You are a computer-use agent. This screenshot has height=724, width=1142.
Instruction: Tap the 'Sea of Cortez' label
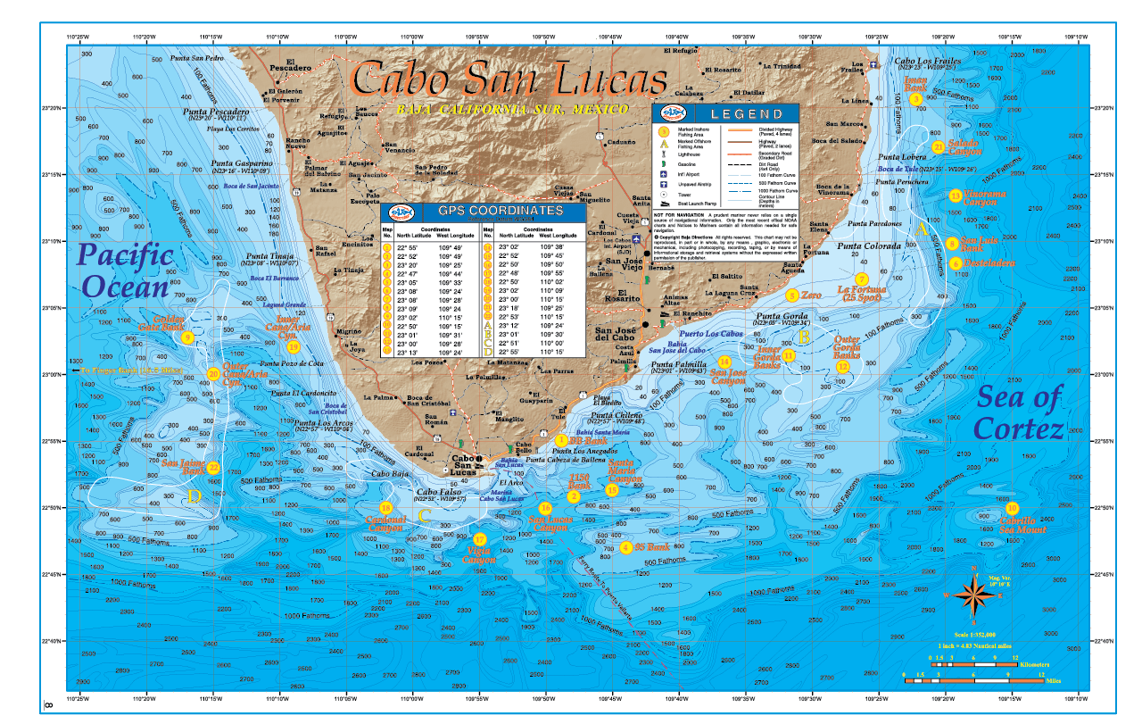point(1019,412)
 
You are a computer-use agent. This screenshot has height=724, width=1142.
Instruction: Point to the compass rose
point(974,591)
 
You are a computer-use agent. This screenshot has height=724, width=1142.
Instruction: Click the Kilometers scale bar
point(974,664)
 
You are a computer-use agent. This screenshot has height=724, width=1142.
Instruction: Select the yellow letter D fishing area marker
point(194,496)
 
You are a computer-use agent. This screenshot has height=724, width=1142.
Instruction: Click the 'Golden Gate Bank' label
point(182,322)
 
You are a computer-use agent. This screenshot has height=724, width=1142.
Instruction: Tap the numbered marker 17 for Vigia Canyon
point(480,539)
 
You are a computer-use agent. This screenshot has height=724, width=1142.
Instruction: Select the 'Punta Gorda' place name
point(782,316)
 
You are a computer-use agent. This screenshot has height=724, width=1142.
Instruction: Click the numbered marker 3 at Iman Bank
point(915,99)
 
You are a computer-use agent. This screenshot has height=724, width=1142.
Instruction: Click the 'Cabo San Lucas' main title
point(509,79)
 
